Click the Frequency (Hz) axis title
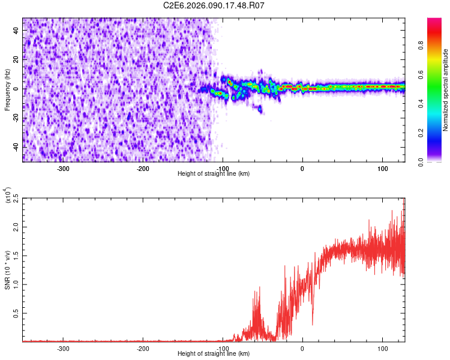point(7,89)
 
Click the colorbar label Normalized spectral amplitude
point(445,90)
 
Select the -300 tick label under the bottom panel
point(63,348)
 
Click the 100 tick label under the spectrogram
point(382,169)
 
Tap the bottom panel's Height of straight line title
point(214,354)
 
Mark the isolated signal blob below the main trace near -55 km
point(260,109)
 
